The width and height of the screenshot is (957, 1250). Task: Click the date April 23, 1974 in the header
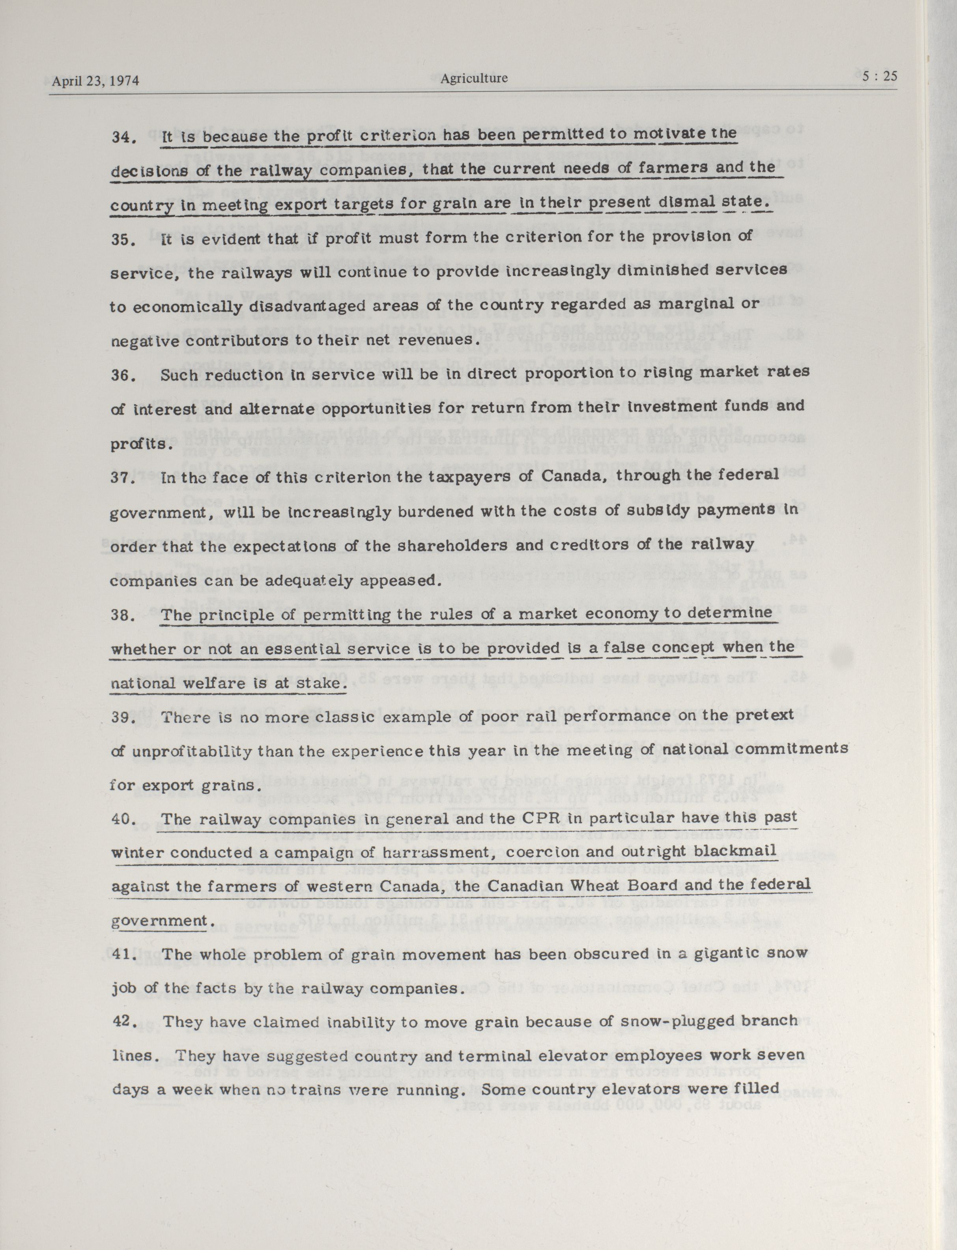(95, 81)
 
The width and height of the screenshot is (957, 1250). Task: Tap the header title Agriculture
(473, 78)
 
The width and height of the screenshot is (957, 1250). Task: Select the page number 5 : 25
(880, 76)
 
